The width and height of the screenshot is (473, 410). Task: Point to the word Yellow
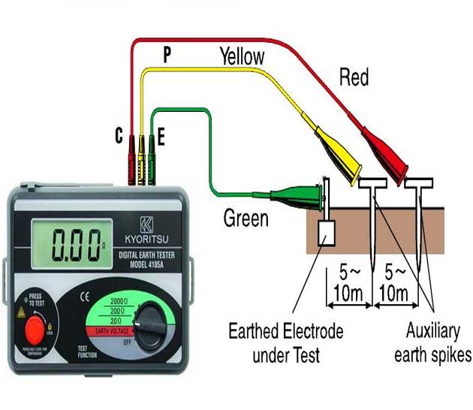pos(242,56)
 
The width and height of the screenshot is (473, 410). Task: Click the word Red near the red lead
pos(354,77)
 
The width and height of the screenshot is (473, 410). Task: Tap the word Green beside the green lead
pos(246,219)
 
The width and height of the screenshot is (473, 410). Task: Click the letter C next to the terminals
pos(119,135)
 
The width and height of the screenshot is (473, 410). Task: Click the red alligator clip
pos(384,150)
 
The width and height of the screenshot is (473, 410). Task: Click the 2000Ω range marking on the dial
pos(116,300)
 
